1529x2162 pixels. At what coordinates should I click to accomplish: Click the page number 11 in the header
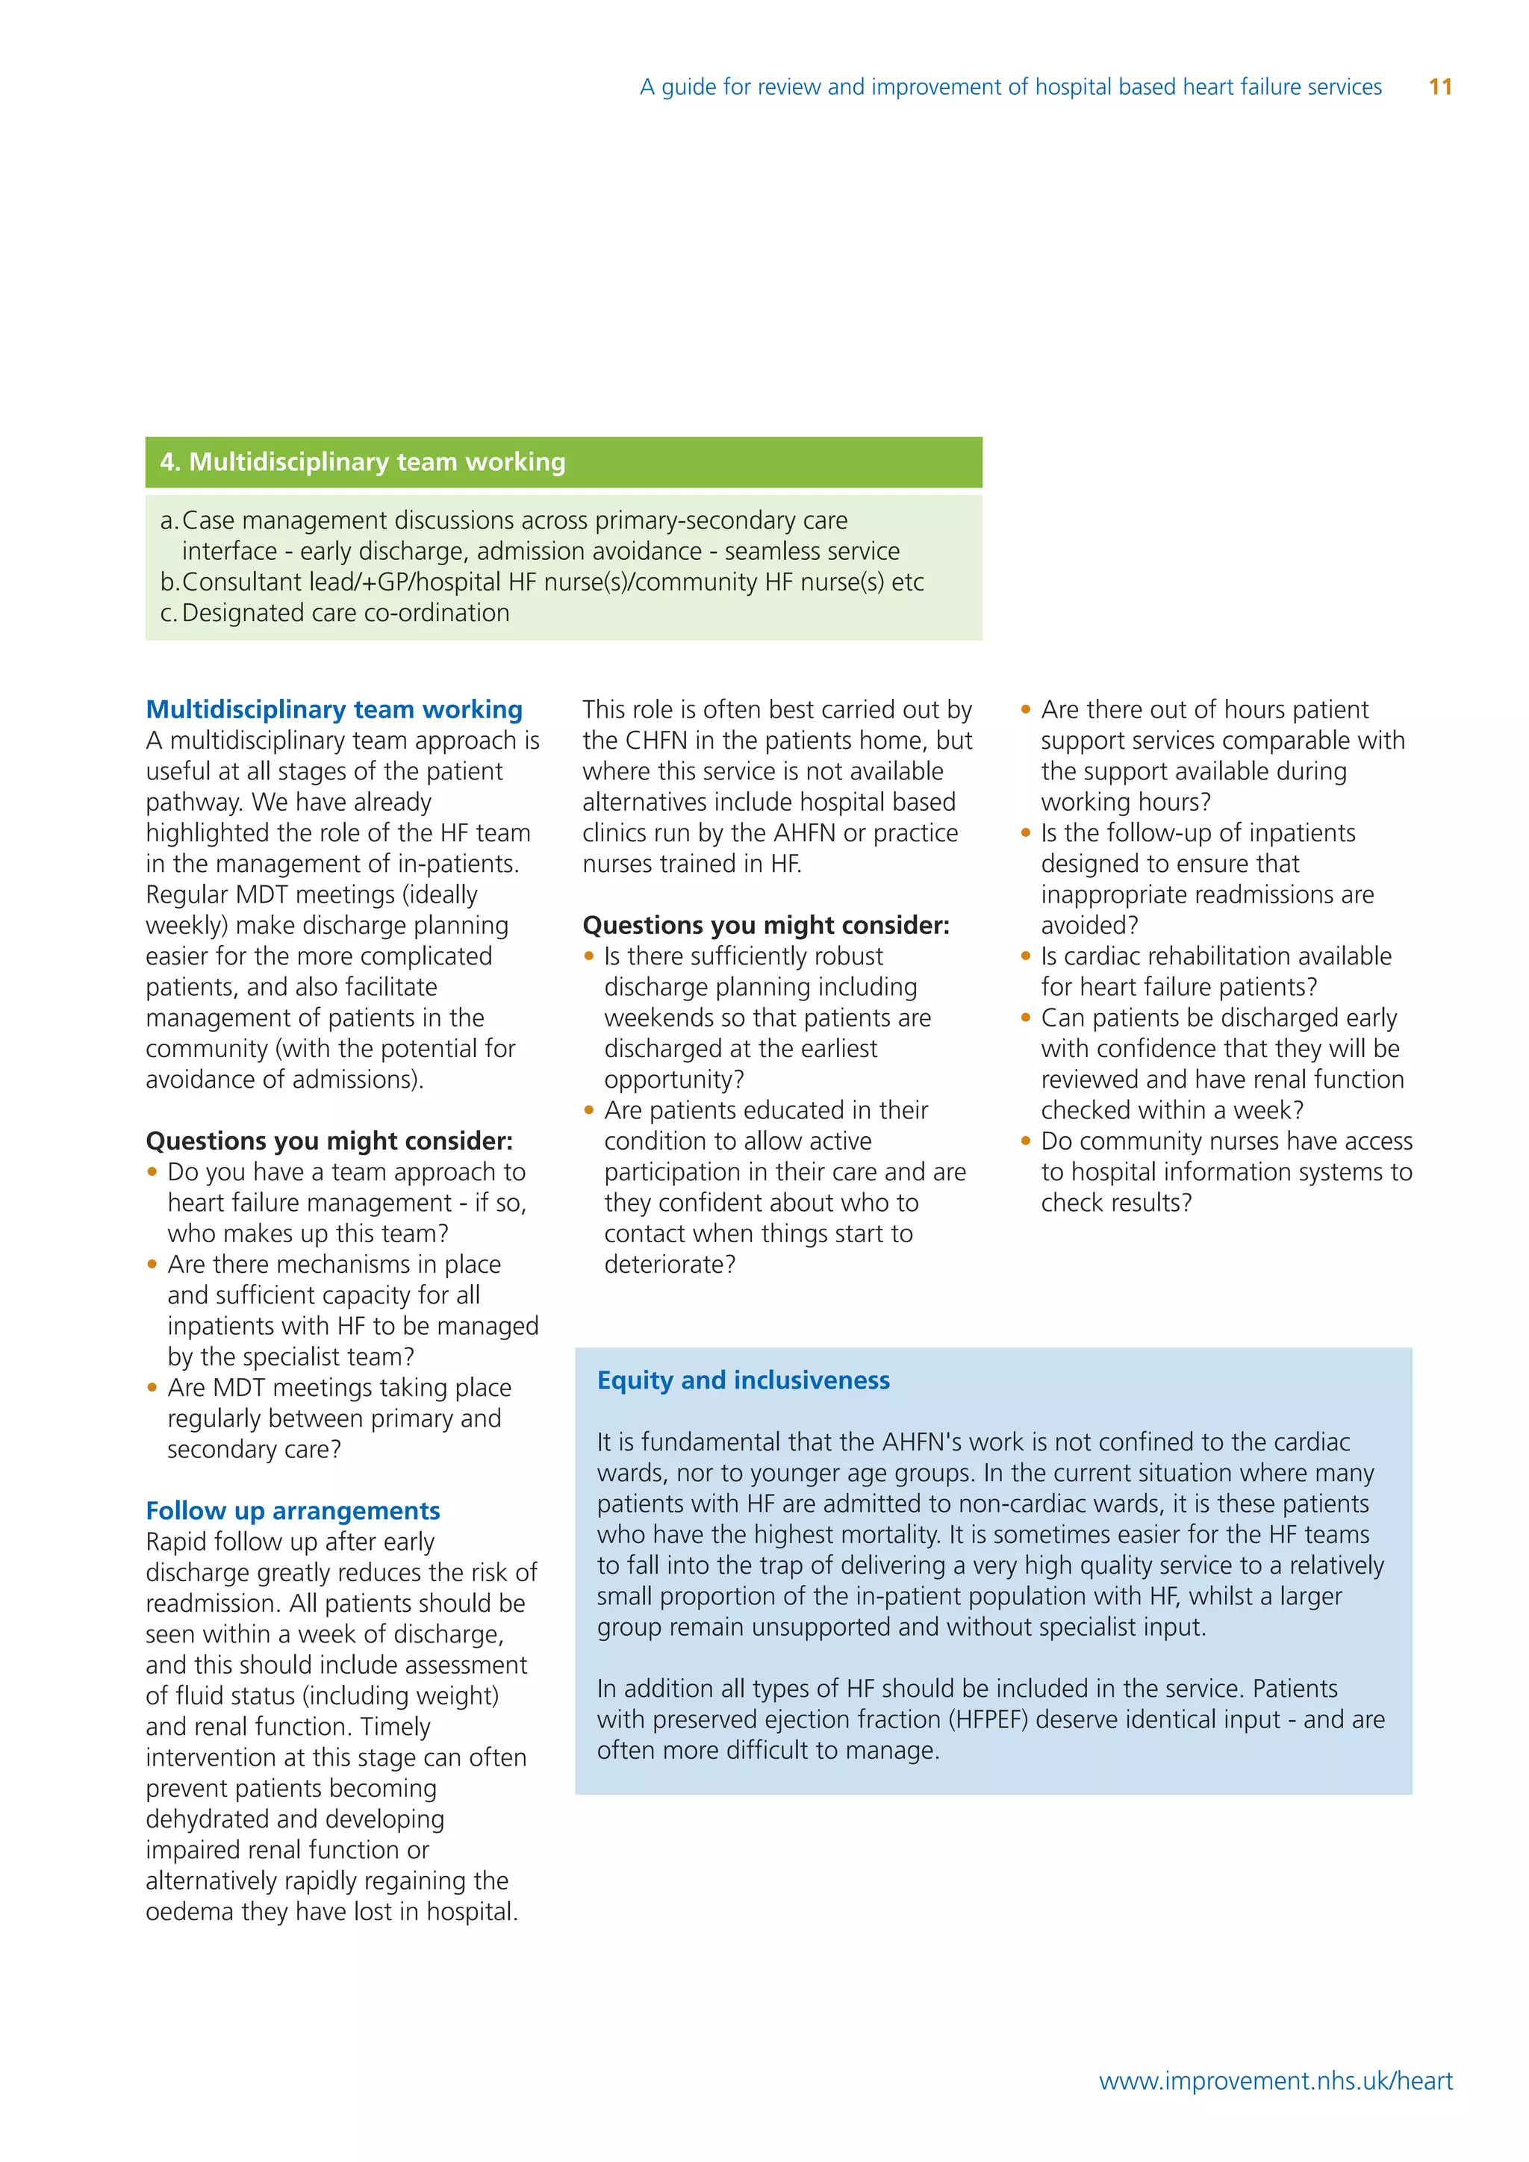coord(1439,87)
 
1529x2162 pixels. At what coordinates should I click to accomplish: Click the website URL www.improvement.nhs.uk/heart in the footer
coord(1276,2080)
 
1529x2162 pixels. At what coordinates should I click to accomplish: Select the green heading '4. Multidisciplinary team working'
coord(363,461)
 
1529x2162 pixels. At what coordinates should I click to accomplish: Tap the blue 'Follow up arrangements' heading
coord(293,1510)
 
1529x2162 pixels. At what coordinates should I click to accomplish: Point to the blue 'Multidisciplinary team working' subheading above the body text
coord(334,709)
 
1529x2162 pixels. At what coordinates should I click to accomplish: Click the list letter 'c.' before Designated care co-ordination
coord(169,613)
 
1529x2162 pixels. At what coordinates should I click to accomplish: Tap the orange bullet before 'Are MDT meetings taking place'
coord(152,1387)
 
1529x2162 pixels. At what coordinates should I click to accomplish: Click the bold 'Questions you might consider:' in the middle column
coord(765,925)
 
